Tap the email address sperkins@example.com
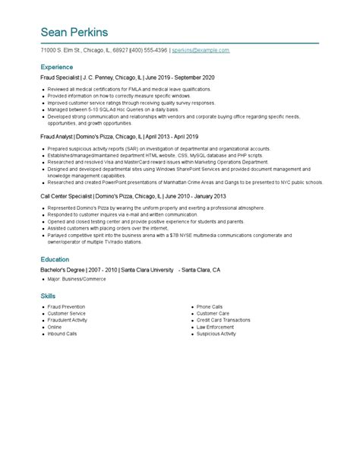[201, 49]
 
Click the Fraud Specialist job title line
[128, 78]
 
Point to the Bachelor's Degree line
[130, 270]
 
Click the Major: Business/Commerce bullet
[75, 280]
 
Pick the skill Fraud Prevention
[68, 306]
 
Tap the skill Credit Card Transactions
[223, 320]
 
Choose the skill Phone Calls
[210, 306]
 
